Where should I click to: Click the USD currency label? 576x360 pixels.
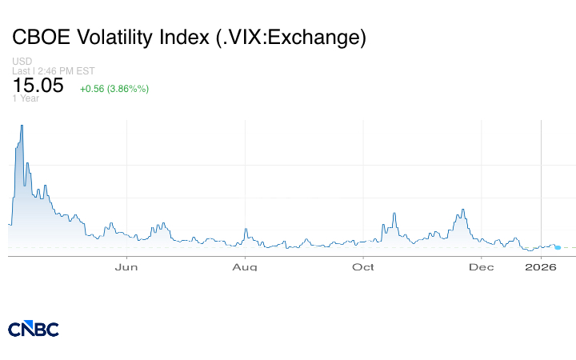coord(22,62)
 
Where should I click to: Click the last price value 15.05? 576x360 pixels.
coord(38,86)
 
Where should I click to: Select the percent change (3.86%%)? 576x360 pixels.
coord(129,88)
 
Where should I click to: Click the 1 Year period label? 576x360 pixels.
coord(26,98)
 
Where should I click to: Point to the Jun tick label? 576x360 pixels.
coord(127,266)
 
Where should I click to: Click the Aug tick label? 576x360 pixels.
coord(245,266)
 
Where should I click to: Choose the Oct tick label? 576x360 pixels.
coord(364,266)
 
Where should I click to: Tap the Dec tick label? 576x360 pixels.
coord(482,266)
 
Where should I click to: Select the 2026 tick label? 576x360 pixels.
coord(542,266)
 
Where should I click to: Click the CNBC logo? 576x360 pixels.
coord(34,329)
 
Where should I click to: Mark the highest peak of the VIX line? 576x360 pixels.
coord(22,126)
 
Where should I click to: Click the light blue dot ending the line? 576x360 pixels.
coord(558,247)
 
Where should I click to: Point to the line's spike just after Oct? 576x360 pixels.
coord(395,213)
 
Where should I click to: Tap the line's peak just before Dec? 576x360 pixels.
coord(462,210)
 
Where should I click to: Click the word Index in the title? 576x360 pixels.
coord(185,38)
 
